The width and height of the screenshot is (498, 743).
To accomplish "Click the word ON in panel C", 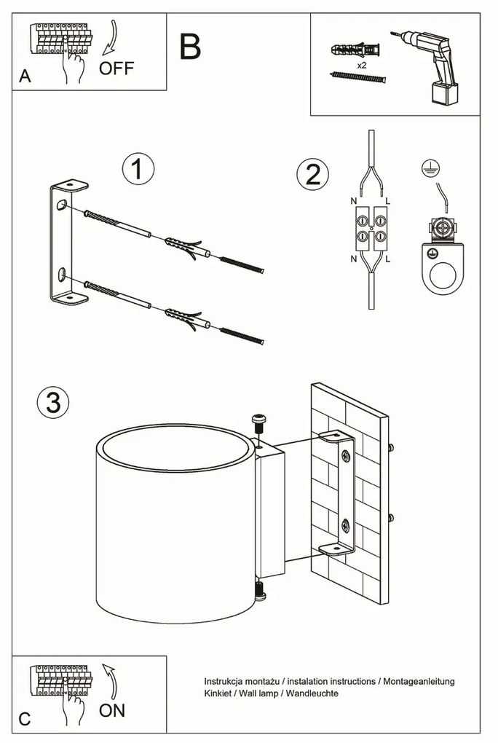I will tap(111, 709).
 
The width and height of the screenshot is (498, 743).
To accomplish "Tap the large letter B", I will tap(190, 47).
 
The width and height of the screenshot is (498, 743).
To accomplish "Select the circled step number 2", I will tap(312, 175).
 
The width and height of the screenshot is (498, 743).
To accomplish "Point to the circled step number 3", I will tap(53, 402).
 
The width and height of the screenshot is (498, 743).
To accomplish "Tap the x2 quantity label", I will tap(361, 65).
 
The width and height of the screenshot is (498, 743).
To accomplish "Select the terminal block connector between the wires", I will tap(371, 227).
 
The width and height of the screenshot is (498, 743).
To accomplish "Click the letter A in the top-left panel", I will tap(25, 77).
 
